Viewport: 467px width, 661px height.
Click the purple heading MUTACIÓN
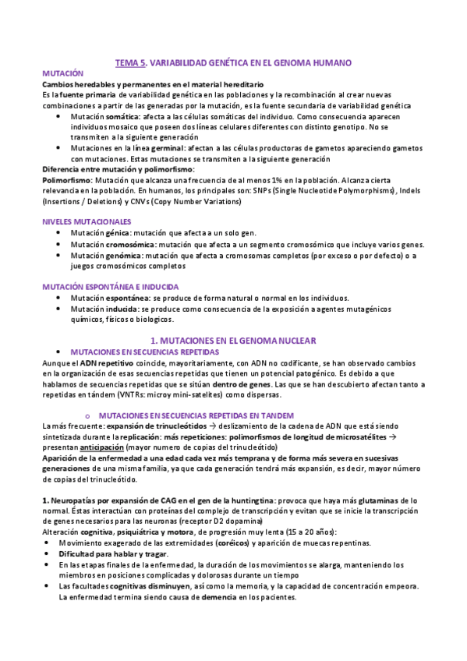pos(62,72)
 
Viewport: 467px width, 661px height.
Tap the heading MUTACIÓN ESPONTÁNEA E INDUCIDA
pos(110,287)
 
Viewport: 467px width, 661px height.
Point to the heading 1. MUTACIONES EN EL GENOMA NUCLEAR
pos(232,341)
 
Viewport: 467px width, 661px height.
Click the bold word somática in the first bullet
pos(122,115)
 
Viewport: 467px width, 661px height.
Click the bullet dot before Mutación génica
pos(61,233)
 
